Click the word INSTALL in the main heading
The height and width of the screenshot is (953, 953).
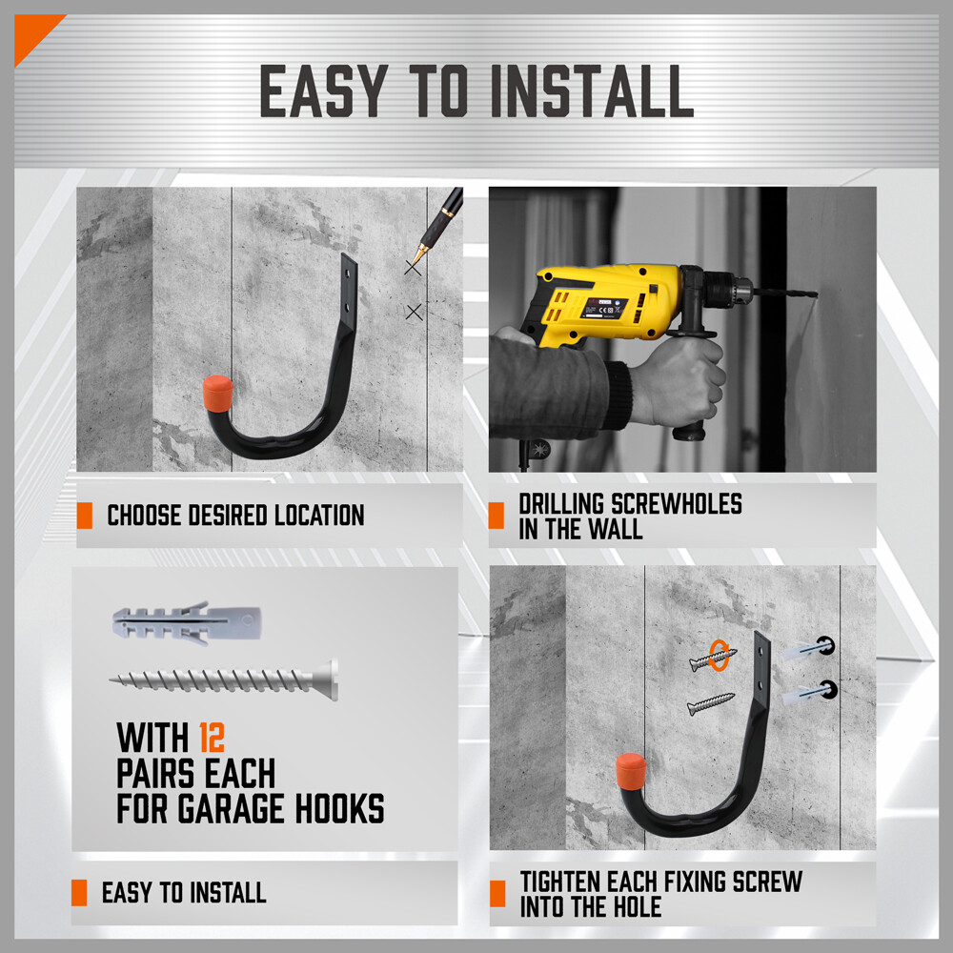click(591, 92)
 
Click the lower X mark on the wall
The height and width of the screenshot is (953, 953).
click(414, 312)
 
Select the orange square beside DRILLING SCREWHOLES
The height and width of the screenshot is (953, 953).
click(496, 516)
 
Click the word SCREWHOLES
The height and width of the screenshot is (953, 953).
click(677, 503)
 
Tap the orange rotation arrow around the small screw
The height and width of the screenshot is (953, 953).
click(721, 655)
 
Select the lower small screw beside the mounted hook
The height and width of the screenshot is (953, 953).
click(710, 704)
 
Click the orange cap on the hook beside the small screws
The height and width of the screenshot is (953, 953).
click(629, 769)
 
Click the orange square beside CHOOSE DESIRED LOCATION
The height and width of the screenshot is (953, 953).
click(84, 516)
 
